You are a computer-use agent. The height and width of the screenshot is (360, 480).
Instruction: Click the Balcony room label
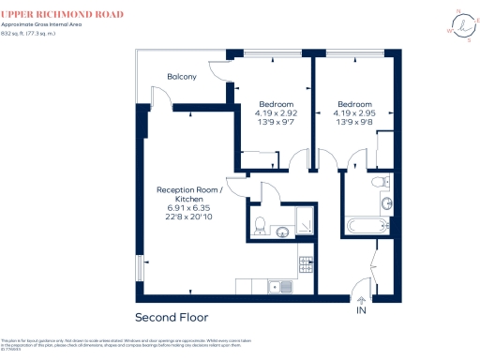click(x=182, y=77)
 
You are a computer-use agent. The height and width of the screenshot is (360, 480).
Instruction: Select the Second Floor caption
click(x=172, y=317)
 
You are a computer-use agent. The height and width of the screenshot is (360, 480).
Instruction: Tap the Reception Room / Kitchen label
click(x=188, y=194)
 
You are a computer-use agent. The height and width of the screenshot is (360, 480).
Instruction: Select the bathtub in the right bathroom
click(x=367, y=224)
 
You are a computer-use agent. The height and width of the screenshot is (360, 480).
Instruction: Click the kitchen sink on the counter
click(x=274, y=286)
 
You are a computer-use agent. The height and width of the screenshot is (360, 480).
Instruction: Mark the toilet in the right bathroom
click(x=379, y=180)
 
